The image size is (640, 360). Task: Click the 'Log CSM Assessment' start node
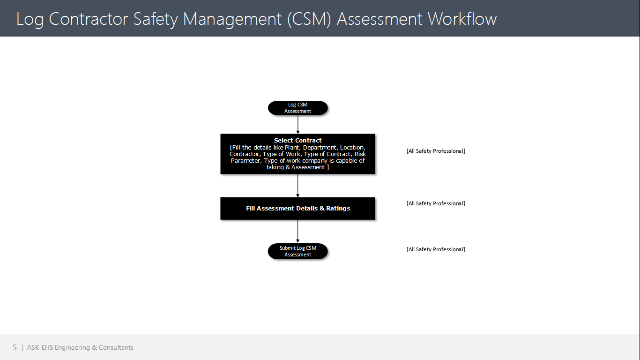point(298,108)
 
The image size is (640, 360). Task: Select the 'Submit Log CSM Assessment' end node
point(298,251)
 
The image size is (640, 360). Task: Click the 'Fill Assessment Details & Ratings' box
point(298,209)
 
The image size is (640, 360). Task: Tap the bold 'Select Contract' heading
point(298,141)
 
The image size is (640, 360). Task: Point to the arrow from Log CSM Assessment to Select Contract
point(298,125)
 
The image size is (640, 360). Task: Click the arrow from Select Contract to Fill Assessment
point(298,186)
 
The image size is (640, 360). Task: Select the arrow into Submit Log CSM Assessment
point(298,231)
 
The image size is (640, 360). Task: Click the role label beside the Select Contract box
point(436,151)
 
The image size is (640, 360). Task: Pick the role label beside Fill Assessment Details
point(436,203)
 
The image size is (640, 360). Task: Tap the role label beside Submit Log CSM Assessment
point(436,249)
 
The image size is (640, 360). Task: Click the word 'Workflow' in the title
point(462,19)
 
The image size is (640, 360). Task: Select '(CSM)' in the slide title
point(309,19)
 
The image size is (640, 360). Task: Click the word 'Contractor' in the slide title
point(88,19)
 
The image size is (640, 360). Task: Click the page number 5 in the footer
point(15,347)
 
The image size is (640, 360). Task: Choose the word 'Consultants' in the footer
point(116,347)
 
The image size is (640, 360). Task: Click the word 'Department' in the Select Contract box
point(320,148)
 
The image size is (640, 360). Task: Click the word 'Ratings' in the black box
point(338,209)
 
